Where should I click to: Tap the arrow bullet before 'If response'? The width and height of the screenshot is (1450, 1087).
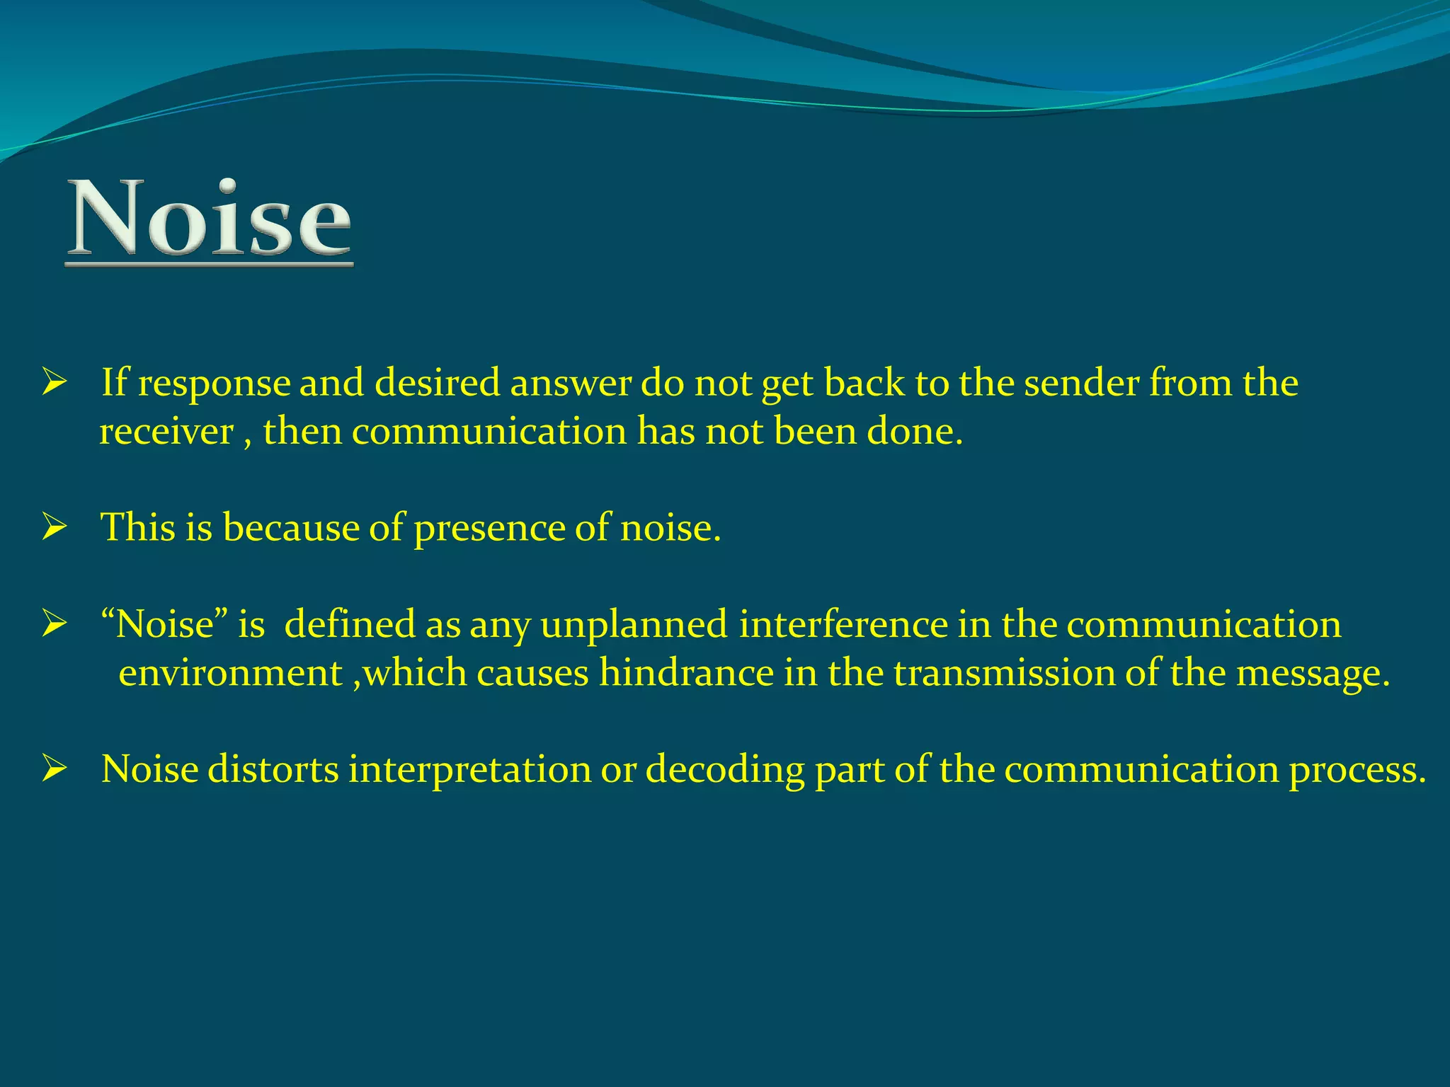tap(54, 383)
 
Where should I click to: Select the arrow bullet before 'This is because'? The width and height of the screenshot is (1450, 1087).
tap(54, 528)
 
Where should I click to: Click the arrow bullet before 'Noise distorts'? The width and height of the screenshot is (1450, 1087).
tap(54, 769)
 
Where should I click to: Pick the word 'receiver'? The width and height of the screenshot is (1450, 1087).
tap(166, 432)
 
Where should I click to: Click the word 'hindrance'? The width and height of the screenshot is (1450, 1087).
tap(686, 672)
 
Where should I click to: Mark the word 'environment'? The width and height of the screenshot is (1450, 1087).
tap(230, 672)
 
